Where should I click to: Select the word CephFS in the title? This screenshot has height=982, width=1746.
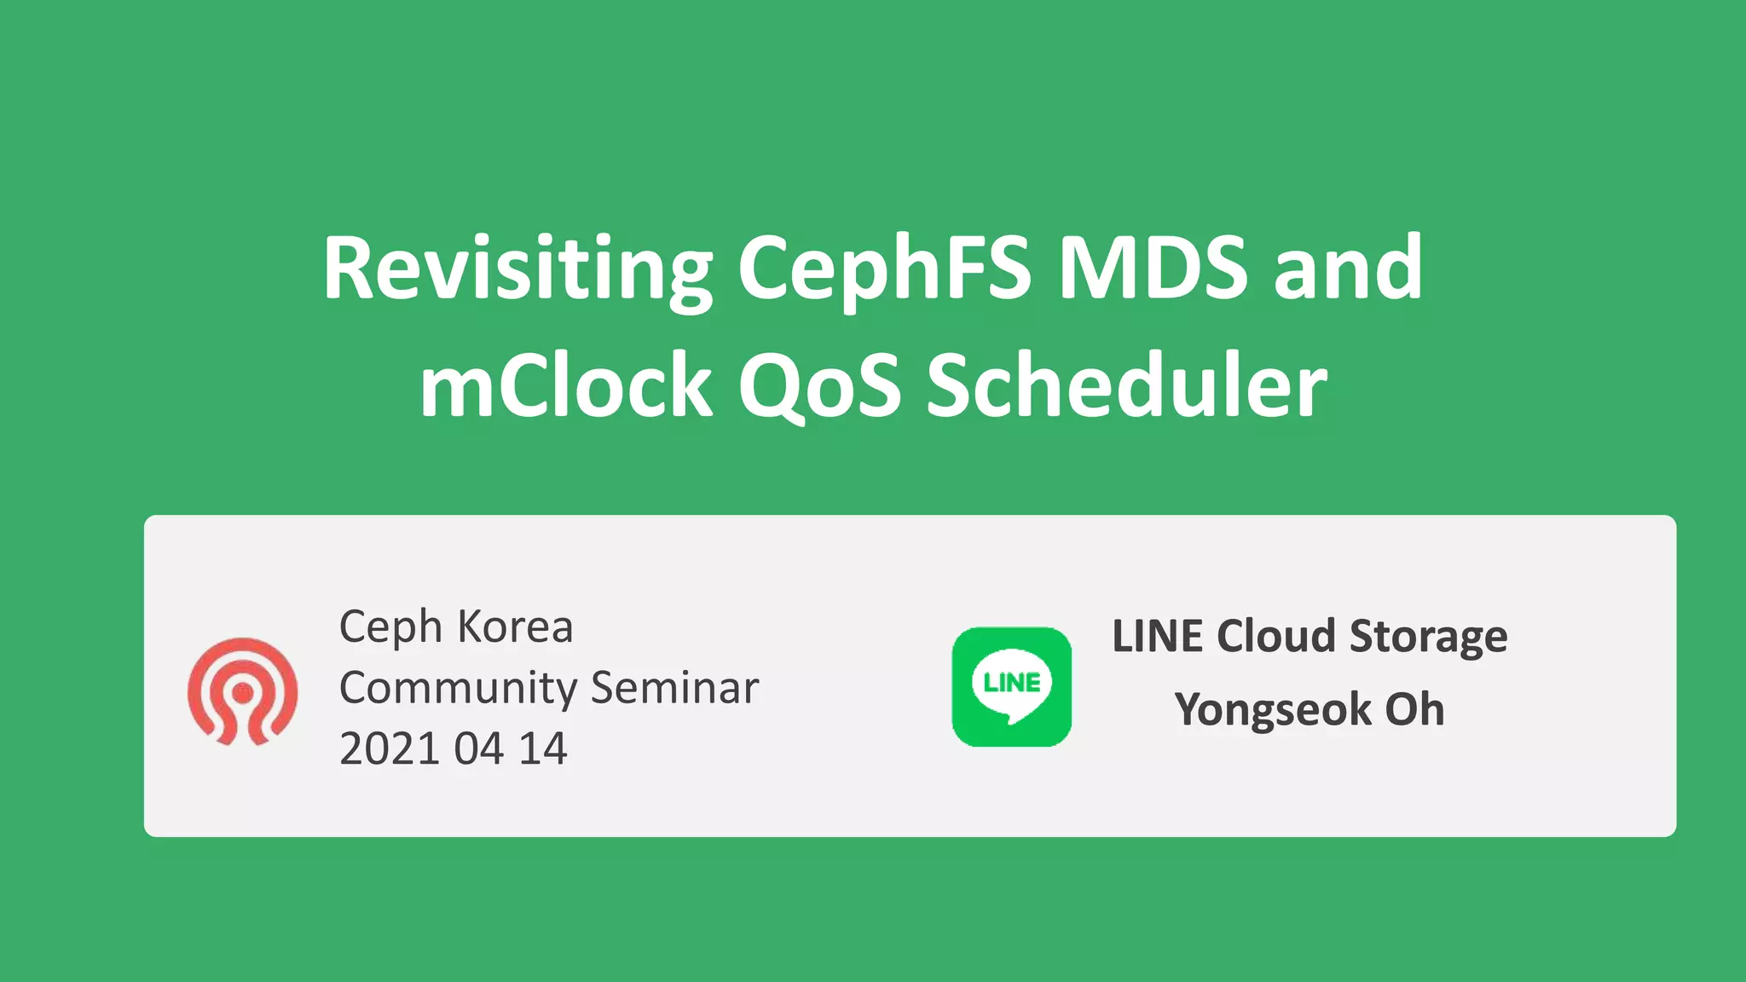pyautogui.click(x=884, y=269)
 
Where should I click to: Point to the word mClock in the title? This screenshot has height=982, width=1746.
pyautogui.click(x=565, y=387)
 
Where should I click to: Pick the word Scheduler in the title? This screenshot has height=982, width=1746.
pyautogui.click(x=1126, y=387)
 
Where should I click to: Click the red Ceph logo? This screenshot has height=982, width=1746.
pyautogui.click(x=243, y=690)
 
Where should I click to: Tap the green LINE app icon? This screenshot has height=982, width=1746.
pyautogui.click(x=1011, y=687)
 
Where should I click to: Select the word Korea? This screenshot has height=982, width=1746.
pyautogui.click(x=515, y=627)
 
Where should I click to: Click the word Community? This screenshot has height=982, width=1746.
pyautogui.click(x=459, y=689)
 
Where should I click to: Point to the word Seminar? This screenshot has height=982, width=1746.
pyautogui.click(x=674, y=688)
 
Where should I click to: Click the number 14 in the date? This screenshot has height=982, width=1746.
pyautogui.click(x=543, y=749)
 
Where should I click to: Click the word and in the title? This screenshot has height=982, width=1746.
pyautogui.click(x=1348, y=269)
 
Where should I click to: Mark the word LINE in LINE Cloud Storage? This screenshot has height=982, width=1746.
pyautogui.click(x=1158, y=637)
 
